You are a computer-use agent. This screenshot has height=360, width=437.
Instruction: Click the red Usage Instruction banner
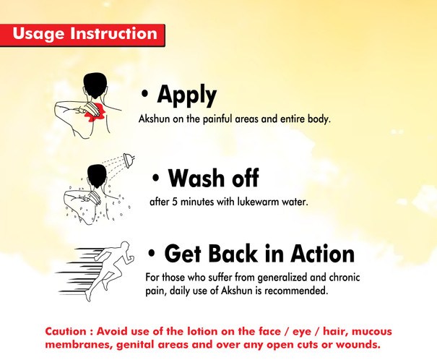point(82,35)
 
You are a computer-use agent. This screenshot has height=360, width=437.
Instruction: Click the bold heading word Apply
point(187,95)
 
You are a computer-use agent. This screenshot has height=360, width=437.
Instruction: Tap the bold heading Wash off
point(214,178)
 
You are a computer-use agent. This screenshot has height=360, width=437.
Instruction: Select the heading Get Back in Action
point(259,253)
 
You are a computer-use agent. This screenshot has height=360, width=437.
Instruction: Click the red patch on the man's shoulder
point(95,112)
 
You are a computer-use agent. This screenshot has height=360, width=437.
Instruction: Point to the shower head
point(129,160)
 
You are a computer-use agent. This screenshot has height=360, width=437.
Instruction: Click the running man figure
point(111,270)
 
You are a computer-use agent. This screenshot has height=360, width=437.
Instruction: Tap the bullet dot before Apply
point(144,94)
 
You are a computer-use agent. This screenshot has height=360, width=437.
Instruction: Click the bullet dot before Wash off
point(156,178)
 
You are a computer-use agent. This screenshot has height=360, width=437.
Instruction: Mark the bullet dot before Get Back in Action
point(152,253)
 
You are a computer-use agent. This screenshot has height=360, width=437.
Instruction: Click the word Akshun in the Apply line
point(154,119)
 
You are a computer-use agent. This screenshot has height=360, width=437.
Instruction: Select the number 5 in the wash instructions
point(175,202)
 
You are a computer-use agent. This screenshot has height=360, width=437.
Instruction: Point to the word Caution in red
point(66,331)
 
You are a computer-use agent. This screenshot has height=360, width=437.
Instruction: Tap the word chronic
point(345,278)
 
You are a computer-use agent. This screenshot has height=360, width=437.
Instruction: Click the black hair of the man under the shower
point(97,175)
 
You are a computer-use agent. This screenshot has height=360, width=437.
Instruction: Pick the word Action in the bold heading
point(322,253)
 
